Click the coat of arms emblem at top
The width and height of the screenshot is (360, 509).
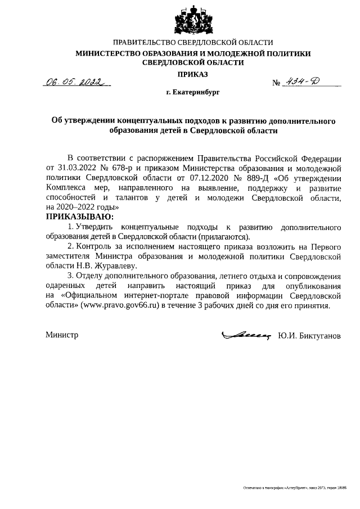(x=193, y=21)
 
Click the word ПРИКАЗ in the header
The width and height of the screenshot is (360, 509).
(x=193, y=75)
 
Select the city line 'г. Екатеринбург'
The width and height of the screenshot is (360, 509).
(x=192, y=90)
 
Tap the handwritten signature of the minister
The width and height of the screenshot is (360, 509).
(x=246, y=335)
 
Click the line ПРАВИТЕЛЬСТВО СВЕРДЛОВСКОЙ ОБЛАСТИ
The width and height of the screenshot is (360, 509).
(x=193, y=43)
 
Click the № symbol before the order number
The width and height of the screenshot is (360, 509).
(x=277, y=83)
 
